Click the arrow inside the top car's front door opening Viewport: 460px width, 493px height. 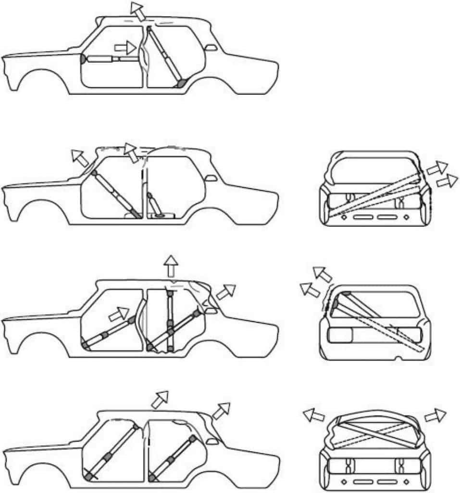pos(125,48)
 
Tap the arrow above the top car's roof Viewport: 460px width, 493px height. pos(138,11)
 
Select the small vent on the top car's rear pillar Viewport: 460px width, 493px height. pos(210,48)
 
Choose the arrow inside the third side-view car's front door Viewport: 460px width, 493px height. pos(119,315)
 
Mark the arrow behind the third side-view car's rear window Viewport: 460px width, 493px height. pos(226,292)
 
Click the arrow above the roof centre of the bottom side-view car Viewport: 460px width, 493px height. pos(160,399)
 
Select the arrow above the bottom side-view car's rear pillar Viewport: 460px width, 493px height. pos(221,410)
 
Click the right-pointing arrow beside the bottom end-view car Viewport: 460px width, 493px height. pos(436,415)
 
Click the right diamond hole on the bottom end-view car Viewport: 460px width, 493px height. pos(406,481)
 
